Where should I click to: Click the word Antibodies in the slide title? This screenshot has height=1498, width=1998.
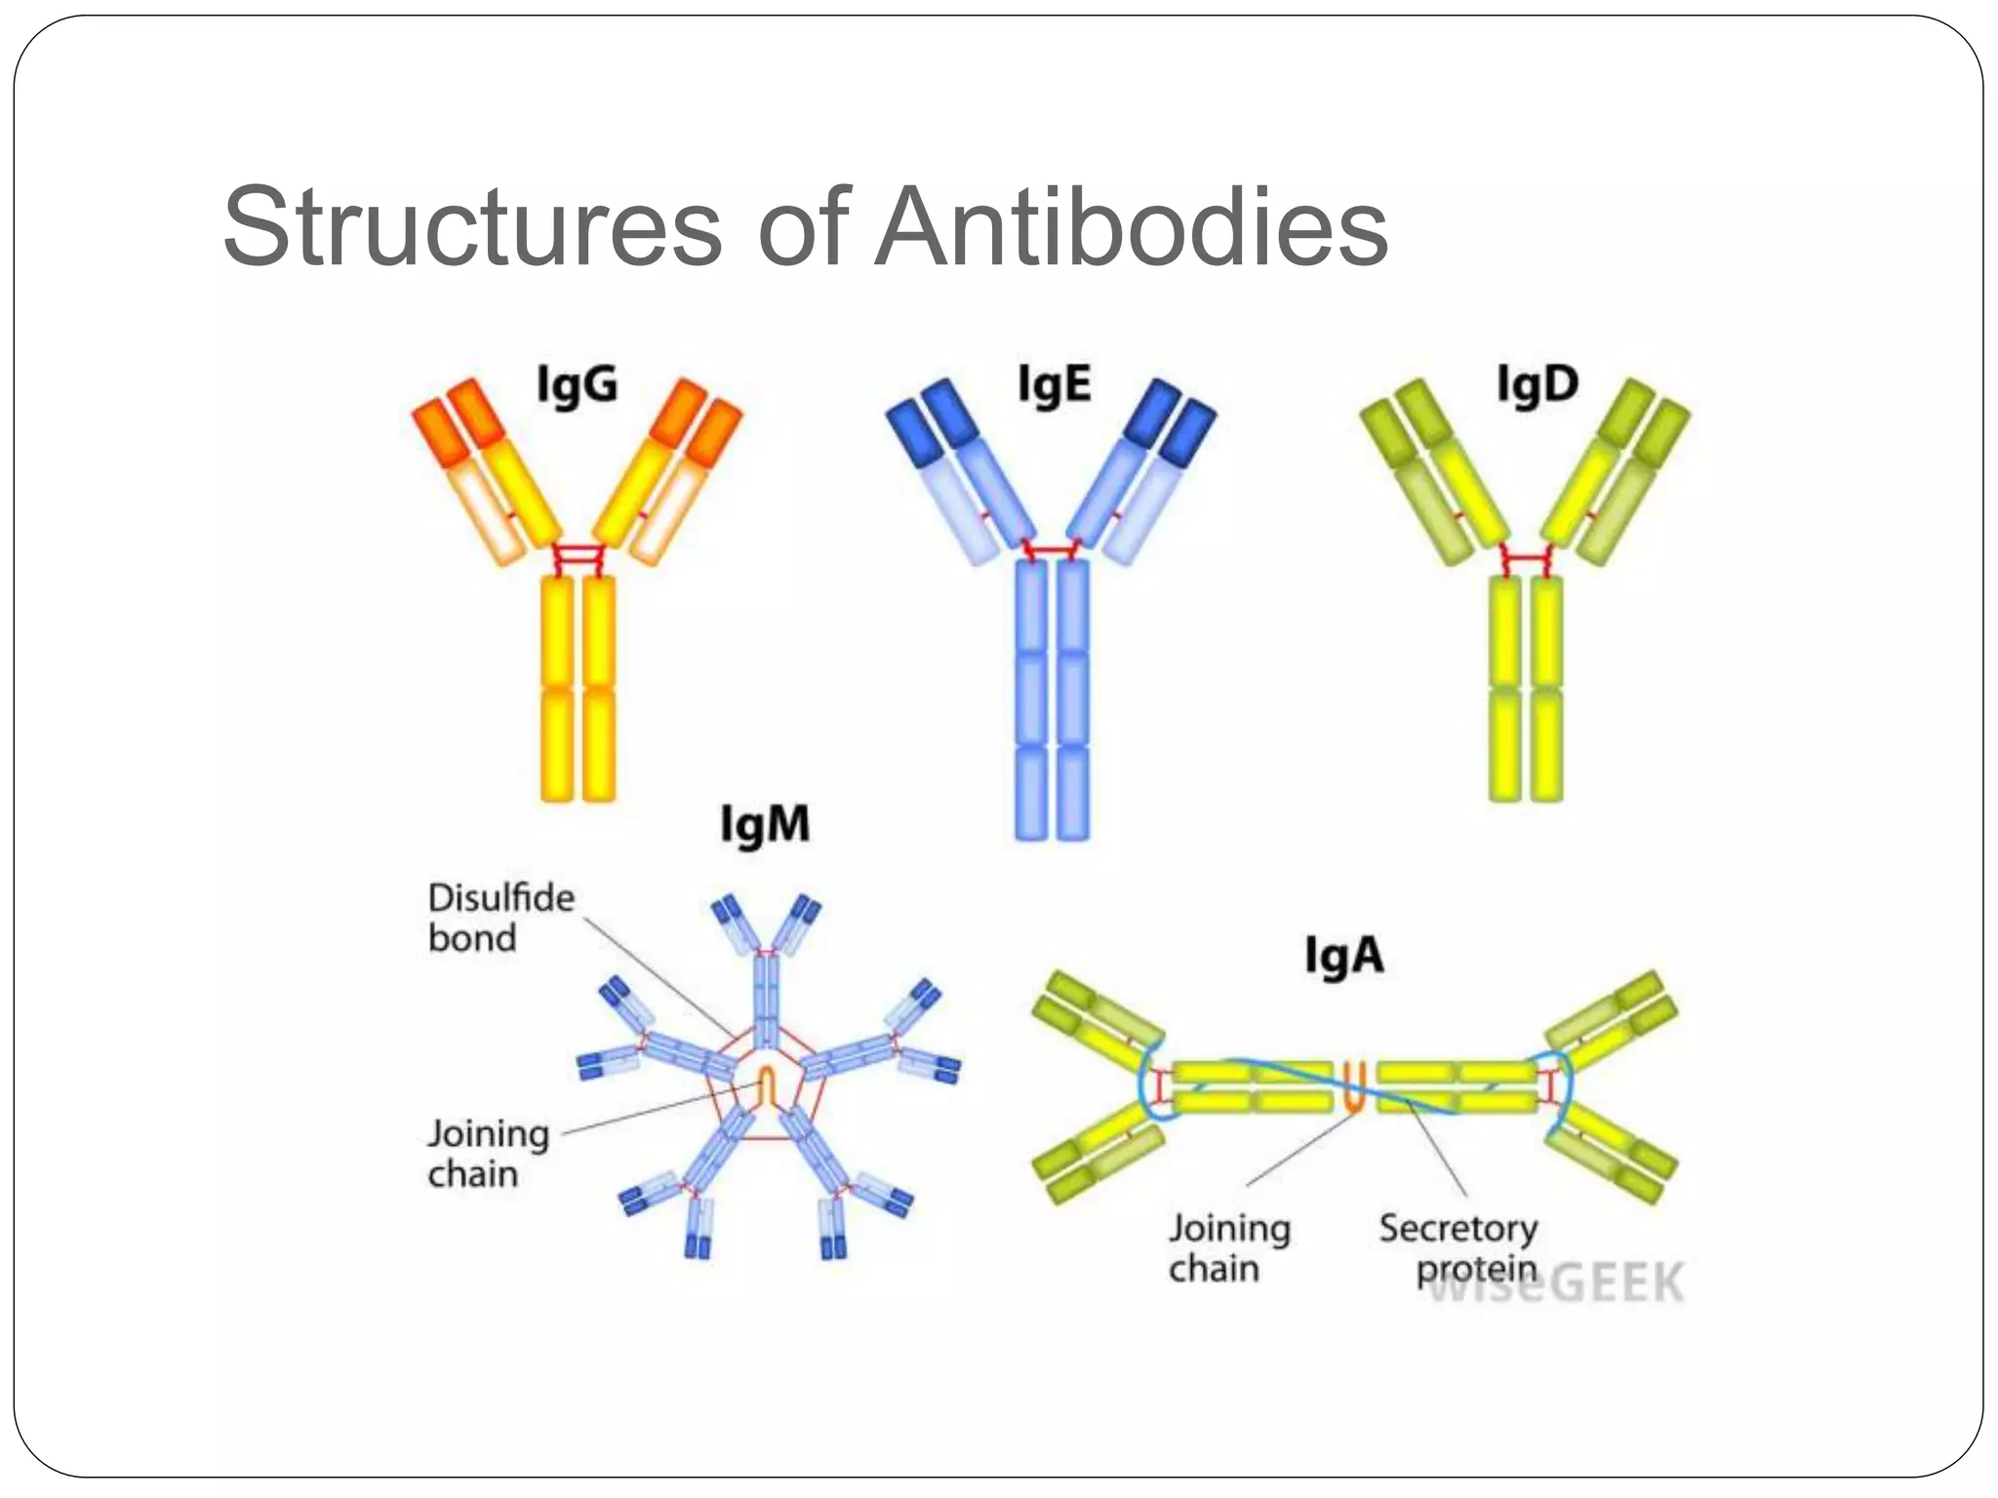[x=1132, y=226]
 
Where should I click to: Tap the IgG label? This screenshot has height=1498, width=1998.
[x=578, y=384]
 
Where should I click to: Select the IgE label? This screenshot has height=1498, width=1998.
[x=1054, y=384]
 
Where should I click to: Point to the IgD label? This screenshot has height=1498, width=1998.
[x=1538, y=384]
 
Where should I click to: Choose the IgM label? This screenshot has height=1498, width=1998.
[x=765, y=825]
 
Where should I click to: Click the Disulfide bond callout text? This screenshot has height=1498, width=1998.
[x=501, y=917]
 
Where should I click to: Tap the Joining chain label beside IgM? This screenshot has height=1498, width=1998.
[x=488, y=1153]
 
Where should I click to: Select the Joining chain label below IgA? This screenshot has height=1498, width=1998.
[x=1229, y=1247]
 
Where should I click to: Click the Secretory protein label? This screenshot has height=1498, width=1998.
[x=1459, y=1247]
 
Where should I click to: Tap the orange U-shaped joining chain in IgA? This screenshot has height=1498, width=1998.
[x=1353, y=1086]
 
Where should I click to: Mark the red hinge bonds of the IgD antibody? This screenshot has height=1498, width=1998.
[x=1526, y=561]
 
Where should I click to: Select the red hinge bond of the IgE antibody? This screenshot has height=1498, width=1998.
[x=1052, y=552]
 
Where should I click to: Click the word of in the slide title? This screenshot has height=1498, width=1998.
[x=804, y=226]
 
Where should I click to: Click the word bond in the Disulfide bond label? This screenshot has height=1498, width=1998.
[x=472, y=938]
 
